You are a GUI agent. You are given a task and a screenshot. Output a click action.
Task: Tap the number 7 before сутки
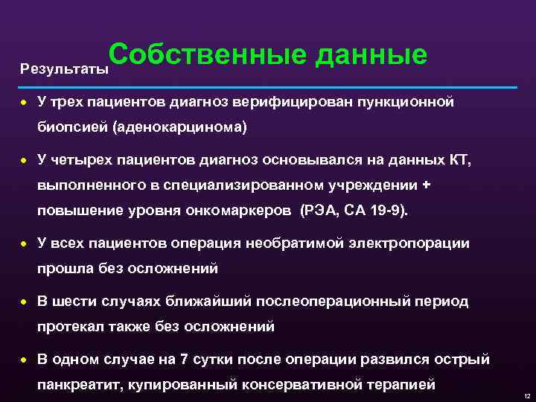coord(184,360)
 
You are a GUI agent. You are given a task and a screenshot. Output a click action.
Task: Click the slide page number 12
coord(526,395)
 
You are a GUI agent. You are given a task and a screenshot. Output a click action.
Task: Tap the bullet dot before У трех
coord(25,103)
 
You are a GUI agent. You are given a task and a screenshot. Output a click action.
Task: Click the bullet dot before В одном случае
coord(25,360)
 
